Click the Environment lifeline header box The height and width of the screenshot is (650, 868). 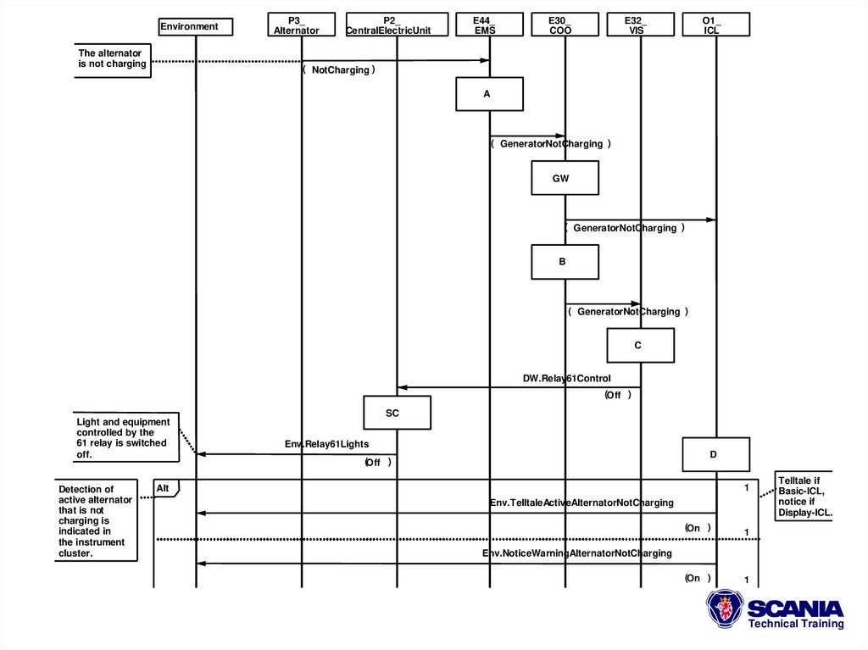[x=195, y=27]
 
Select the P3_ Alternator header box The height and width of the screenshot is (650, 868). [x=301, y=25]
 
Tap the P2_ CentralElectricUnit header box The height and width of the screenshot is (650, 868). [x=396, y=25]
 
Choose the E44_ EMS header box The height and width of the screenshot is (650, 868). [x=489, y=25]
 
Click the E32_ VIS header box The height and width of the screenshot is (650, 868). [x=640, y=25]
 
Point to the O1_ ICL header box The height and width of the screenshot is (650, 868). [x=715, y=25]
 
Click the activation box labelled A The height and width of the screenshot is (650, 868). [x=489, y=94]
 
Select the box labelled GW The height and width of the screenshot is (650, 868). [x=565, y=178]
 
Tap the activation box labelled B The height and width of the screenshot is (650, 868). [x=565, y=262]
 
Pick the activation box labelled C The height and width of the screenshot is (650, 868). [x=640, y=346]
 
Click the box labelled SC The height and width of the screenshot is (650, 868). [x=397, y=413]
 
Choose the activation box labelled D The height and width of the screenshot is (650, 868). [x=715, y=454]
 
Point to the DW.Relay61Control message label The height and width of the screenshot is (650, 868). [x=566, y=378]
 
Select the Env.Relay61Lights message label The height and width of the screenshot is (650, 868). [x=326, y=443]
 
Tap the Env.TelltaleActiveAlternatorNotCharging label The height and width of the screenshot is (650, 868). [x=581, y=503]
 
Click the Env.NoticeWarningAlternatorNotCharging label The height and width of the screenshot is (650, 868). [x=577, y=553]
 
